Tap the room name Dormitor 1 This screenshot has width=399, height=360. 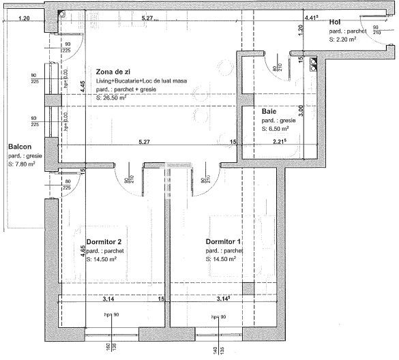coord(224,242)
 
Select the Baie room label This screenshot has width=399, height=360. coord(269,111)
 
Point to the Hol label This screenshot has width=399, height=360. coord(334,22)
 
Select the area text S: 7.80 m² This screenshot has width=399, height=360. coord(21,164)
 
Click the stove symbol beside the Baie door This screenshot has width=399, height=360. coord(313,62)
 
